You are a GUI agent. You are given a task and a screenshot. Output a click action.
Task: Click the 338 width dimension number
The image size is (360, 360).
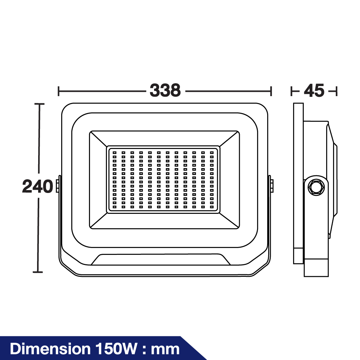point(165,90)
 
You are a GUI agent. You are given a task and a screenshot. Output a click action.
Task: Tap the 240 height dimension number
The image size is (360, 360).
point(38,186)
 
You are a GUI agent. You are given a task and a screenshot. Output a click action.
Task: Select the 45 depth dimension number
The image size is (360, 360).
point(314,90)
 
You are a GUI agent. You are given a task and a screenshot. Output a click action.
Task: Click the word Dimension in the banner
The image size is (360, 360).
point(50,349)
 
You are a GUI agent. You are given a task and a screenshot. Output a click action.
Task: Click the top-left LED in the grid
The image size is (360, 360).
point(114,153)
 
